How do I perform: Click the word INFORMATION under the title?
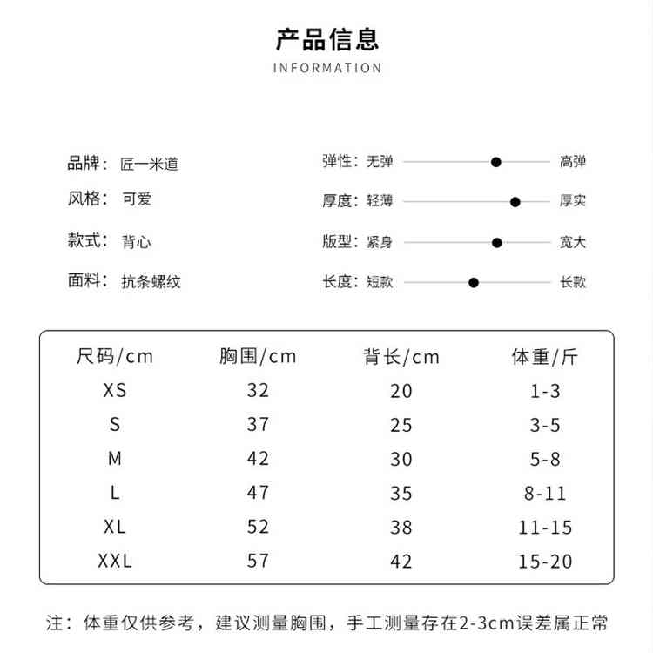point(327,68)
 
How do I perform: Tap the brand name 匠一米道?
point(149,164)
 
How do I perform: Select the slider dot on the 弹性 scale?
point(496,162)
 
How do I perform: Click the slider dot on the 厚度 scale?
point(515,202)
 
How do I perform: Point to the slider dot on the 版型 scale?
point(497,243)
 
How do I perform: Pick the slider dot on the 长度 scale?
point(474,282)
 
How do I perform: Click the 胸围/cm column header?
point(258,356)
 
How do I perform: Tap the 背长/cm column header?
point(401,356)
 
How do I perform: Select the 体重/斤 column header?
point(545,356)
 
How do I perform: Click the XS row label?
point(115,391)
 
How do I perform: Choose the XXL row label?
point(115,561)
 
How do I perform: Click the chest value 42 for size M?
point(258,459)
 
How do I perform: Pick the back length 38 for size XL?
point(401,528)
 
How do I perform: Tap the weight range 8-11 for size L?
point(545,494)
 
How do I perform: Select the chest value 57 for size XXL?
point(258,561)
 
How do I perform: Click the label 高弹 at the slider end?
point(573,162)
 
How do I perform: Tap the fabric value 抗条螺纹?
point(151,281)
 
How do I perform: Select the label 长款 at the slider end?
point(573,282)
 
